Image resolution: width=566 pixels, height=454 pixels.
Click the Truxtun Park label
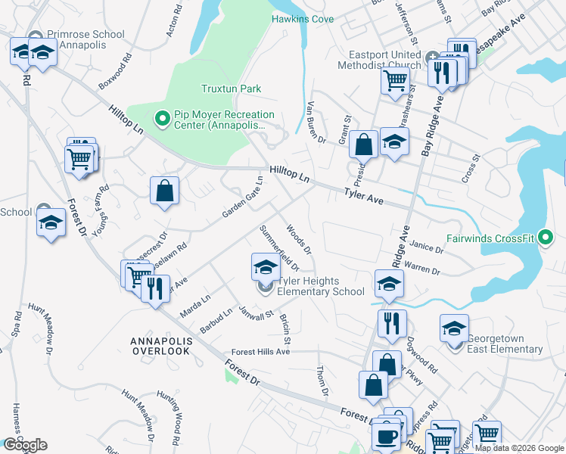pos(231,89)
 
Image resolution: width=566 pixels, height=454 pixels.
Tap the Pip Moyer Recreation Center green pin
pos(161,117)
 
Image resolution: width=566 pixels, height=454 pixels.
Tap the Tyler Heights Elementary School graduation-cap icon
pos(266,267)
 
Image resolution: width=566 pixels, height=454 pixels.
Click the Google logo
pos(25,445)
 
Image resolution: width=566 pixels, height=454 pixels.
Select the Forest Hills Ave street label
pos(260,352)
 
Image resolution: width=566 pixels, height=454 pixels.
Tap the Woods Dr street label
pos(299,238)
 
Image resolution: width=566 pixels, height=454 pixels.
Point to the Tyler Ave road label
pos(365,198)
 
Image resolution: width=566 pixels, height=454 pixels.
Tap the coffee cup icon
pos(387,437)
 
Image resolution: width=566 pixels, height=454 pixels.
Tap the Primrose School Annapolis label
pos(83,40)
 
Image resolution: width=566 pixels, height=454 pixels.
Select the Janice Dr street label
pos(428,248)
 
